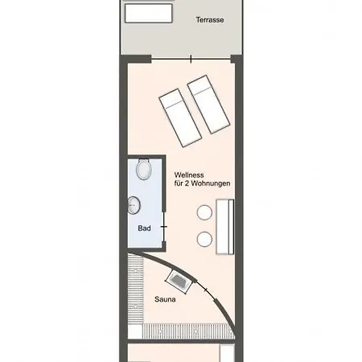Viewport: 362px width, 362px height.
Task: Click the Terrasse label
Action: pos(210,20)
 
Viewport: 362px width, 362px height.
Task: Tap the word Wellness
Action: pos(189,175)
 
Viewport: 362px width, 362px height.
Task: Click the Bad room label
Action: pos(144,228)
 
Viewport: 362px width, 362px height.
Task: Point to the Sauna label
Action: pos(165,299)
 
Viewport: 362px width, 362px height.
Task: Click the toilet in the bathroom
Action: pos(144,169)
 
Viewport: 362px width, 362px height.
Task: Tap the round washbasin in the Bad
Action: pos(134,205)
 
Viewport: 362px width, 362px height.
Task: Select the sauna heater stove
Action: pos(179,281)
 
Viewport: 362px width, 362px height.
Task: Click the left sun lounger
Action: pos(180,118)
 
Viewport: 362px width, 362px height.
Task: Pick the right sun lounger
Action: pos(208,105)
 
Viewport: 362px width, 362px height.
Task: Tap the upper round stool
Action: pos(204,212)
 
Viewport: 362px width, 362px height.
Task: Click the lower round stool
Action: pos(204,239)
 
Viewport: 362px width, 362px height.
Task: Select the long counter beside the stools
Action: pos(225,227)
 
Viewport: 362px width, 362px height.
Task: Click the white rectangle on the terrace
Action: pos(149,13)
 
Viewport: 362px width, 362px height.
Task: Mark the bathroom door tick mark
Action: pos(164,227)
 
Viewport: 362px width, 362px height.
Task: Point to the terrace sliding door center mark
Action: pos(191,59)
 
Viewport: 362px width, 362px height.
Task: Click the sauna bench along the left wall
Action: pos(136,289)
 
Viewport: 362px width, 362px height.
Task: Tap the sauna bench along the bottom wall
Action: pos(187,331)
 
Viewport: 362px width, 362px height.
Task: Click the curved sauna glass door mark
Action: pos(206,290)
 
